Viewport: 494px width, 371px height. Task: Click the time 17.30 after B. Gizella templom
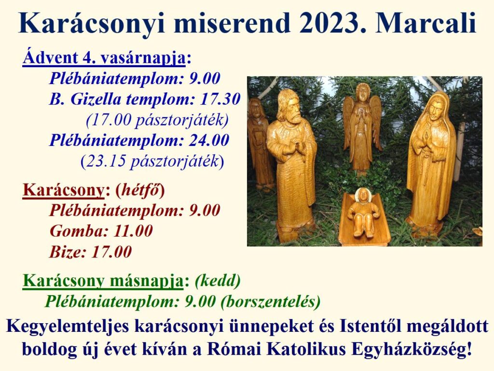(220, 100)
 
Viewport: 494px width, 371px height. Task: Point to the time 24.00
(209, 141)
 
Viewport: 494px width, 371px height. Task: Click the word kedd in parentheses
(218, 280)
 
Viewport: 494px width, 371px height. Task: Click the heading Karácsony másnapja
(103, 281)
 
